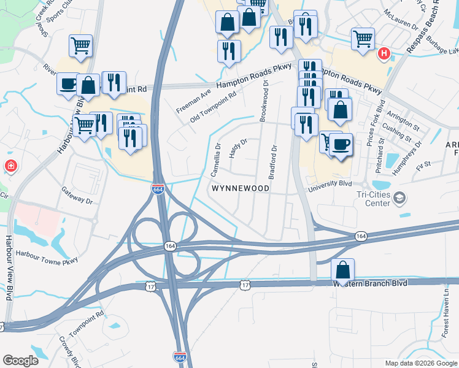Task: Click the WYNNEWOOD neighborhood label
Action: (x=240, y=189)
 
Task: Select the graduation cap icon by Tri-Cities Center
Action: (x=400, y=197)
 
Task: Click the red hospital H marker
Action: (x=385, y=54)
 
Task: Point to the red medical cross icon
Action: (x=10, y=166)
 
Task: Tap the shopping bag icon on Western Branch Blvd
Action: (x=342, y=269)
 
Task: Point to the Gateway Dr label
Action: (x=77, y=196)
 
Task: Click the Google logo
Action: (x=20, y=361)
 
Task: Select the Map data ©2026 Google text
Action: (x=421, y=363)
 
